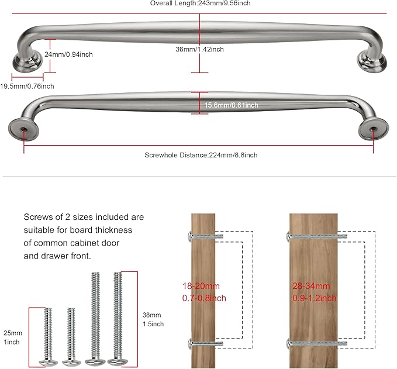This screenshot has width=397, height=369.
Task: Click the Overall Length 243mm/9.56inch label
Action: (199, 4)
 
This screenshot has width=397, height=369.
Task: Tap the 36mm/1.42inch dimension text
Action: (199, 49)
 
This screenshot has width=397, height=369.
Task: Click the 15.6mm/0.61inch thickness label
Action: (232, 105)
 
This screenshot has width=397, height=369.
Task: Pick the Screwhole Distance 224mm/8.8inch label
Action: (201, 155)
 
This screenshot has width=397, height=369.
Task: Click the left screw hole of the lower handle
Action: (23, 127)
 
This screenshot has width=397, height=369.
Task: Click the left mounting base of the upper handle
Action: (27, 60)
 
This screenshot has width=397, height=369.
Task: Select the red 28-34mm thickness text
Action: (314, 292)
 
